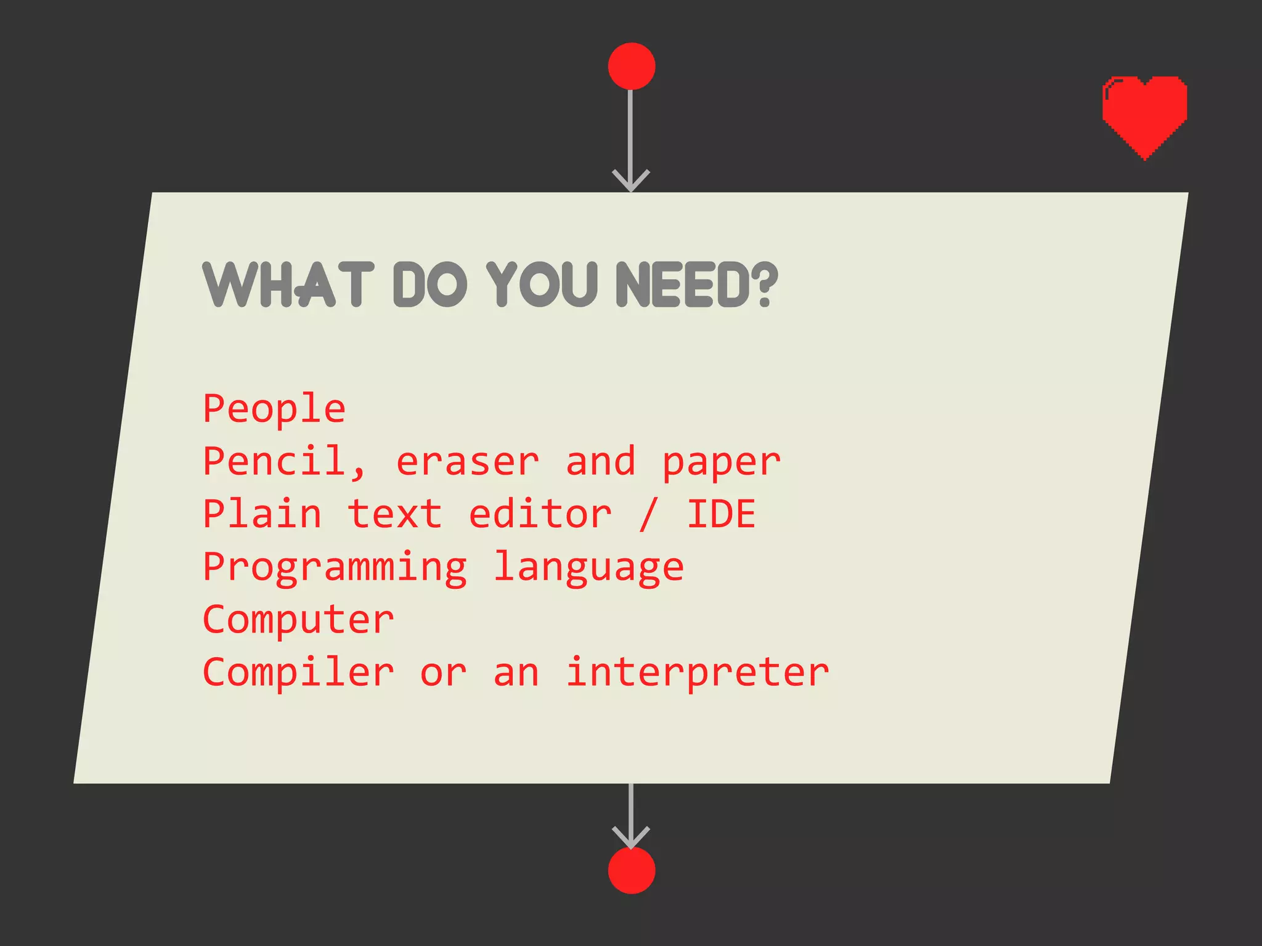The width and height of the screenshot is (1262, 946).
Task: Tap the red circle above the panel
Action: coord(631,66)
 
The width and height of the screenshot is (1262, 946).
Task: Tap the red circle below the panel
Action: coord(631,870)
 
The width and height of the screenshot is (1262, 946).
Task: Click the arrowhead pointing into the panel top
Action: coord(631,180)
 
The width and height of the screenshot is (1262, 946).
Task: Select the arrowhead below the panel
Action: coord(631,836)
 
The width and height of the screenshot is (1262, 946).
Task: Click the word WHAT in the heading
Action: coord(288,284)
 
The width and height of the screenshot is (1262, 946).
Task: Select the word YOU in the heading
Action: coord(542,284)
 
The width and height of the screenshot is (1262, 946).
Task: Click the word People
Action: coord(274,410)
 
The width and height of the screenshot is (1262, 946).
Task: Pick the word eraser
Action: coord(467,463)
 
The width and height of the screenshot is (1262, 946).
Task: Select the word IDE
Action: coord(721,514)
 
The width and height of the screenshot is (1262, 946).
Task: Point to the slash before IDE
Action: coord(648,515)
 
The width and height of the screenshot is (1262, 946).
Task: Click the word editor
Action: coord(540,514)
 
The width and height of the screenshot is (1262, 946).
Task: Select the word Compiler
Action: coord(298,673)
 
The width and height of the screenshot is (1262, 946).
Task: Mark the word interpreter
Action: coord(697,673)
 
